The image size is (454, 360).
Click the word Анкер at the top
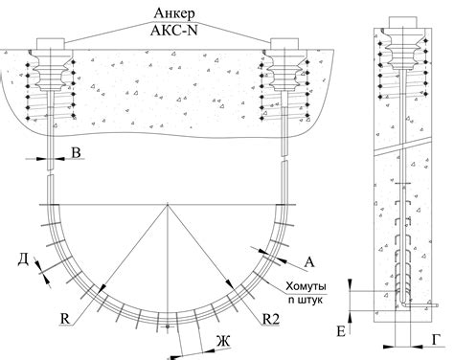[174, 13]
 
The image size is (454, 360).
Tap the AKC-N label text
[174, 31]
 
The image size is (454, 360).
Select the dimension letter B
[76, 152]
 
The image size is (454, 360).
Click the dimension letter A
[309, 262]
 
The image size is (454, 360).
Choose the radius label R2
[271, 319]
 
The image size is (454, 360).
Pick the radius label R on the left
[65, 319]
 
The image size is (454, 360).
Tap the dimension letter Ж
[223, 341]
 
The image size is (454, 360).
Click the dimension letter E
[341, 332]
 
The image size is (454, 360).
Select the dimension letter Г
[437, 340]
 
